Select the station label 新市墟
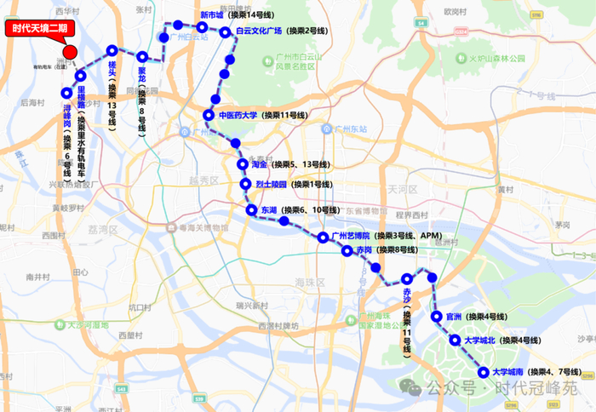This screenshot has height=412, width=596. click(211, 15)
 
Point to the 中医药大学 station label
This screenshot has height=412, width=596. click(238, 115)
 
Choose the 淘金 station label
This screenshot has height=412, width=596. click(260, 164)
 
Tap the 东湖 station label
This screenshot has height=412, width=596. click(269, 209)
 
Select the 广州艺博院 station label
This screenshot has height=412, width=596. click(351, 236)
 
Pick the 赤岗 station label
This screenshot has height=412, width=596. click(364, 250)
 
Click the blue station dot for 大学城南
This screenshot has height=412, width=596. click(484, 372)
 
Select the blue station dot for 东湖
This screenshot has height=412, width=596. click(251, 209)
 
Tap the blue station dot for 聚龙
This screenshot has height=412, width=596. click(142, 57)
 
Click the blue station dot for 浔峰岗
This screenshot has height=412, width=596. click(66, 93)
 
